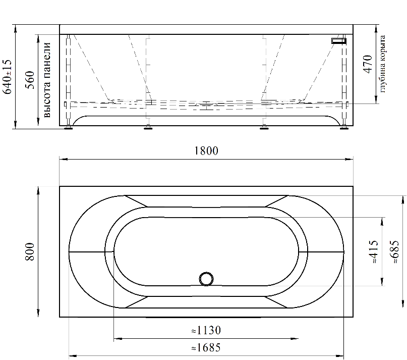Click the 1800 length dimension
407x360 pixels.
coord(206,151)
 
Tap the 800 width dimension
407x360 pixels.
coord(30,251)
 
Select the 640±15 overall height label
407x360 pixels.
coord(7,77)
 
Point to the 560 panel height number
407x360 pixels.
coord(30,80)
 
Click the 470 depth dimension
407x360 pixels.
coord(368,64)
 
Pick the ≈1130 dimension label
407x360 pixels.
coord(206,330)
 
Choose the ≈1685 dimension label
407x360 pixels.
coord(206,347)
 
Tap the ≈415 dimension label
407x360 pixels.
coord(374,251)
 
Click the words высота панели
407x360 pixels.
coord(47,80)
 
